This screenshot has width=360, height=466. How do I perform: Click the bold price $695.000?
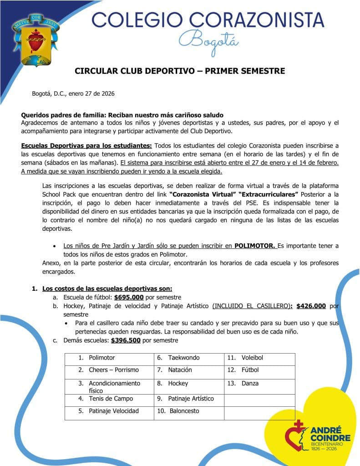(x=129, y=297)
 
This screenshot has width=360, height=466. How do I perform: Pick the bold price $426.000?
(x=311, y=306)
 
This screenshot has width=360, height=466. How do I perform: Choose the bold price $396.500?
(x=126, y=340)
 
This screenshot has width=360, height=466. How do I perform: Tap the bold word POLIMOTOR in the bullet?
(x=255, y=246)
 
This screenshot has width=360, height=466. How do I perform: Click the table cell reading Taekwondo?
(x=183, y=358)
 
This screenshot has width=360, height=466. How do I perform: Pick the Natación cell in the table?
(x=180, y=370)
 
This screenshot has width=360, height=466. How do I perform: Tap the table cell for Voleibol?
(x=252, y=358)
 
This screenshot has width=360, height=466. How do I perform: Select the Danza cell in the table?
(x=249, y=383)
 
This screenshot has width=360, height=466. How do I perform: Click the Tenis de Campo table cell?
(x=111, y=399)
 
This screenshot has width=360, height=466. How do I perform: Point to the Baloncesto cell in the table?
(x=184, y=411)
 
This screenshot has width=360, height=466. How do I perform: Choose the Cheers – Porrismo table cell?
(x=113, y=370)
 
